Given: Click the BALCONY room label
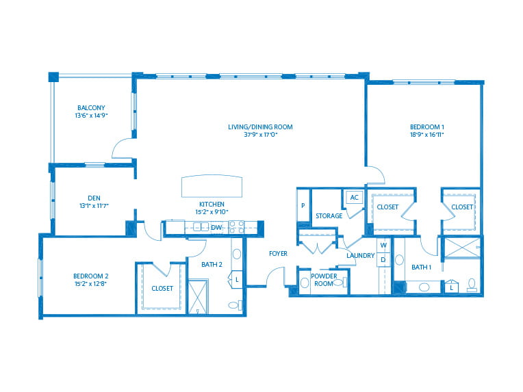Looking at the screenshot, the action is coord(91,107).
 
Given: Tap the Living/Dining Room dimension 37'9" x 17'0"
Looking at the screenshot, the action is coord(261,135).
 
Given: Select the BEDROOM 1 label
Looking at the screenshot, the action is coord(427,127).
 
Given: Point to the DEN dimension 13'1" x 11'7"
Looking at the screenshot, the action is coord(94,206).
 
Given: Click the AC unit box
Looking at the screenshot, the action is coord(354,197).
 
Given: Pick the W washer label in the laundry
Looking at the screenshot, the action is coord(383,245).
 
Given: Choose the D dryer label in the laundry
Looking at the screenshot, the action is coord(383,260).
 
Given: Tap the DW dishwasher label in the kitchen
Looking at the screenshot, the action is coord(216,228).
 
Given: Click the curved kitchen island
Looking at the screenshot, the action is coord(212,186).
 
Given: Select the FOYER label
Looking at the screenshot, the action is coord(278,254).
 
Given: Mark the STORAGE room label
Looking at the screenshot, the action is coord(329,216).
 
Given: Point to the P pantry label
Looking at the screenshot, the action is coord(303,206).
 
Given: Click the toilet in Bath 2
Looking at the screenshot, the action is coord(235,304).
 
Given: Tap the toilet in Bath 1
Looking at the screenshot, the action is coord(472,285).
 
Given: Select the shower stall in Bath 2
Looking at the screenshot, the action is coord(198,297).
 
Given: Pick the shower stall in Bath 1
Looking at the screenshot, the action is coord(462,248).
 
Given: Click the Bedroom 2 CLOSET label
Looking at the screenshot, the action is coord(162,288).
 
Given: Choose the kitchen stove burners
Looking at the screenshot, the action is coord(236,227).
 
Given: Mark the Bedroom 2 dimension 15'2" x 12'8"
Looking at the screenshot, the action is coord(91,284).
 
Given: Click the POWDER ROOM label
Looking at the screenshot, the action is coord(324,280).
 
